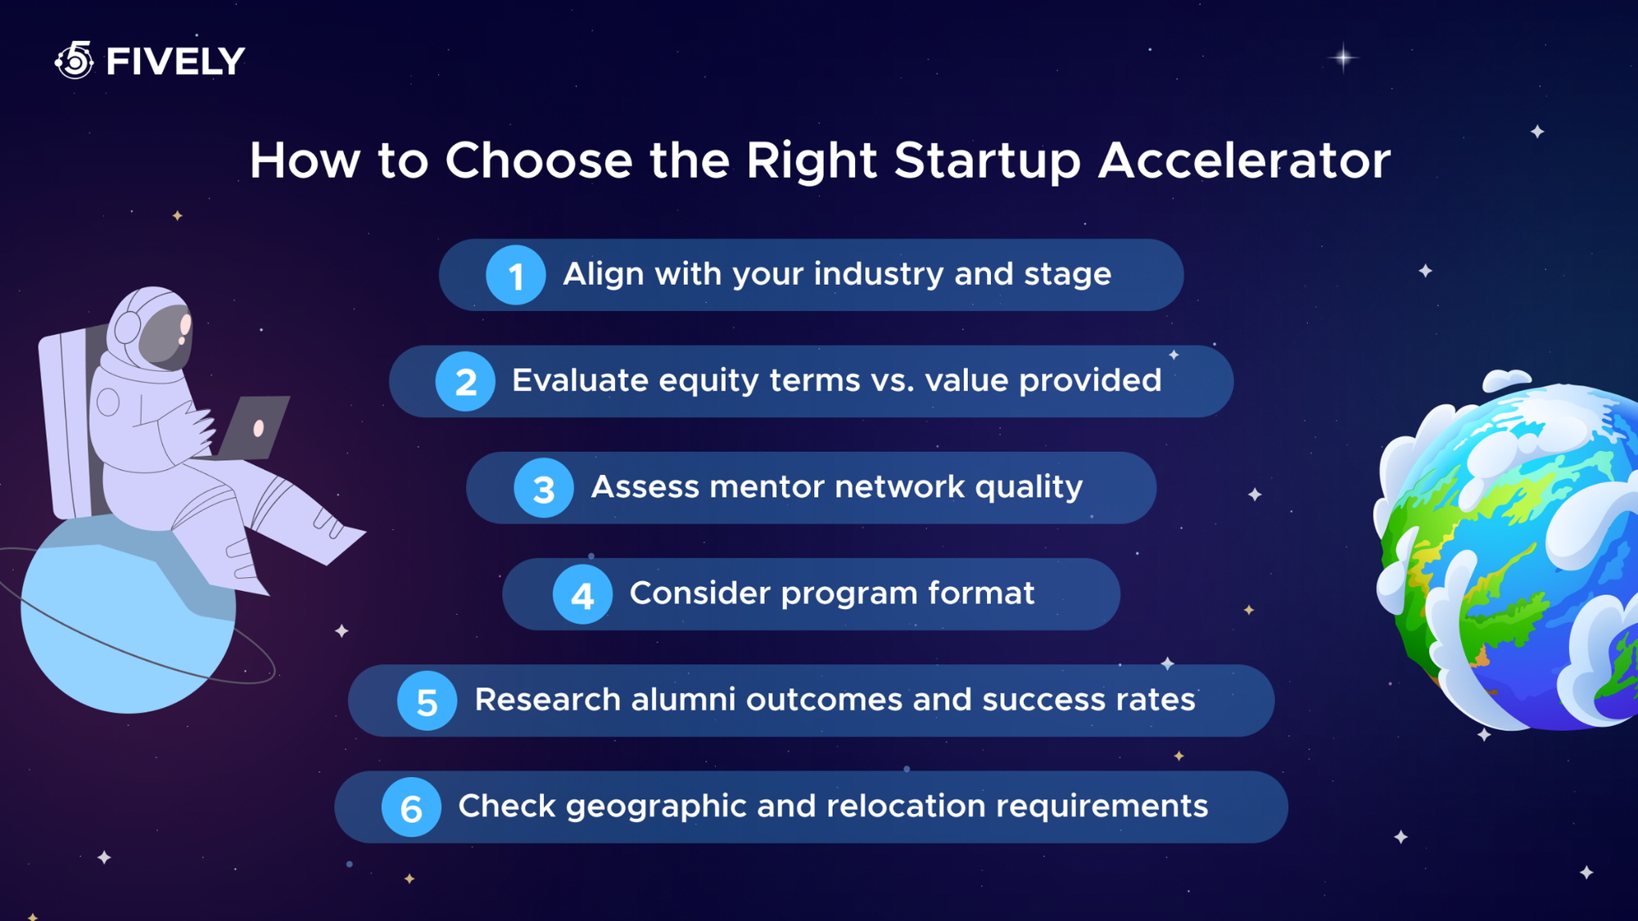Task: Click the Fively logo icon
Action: coord(75,61)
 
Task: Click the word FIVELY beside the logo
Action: coord(175,61)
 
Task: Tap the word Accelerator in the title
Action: coord(1244,160)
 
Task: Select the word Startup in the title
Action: coord(987,161)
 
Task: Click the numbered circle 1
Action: coord(515,275)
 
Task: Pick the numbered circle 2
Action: coord(465,381)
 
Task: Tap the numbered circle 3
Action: coord(543,489)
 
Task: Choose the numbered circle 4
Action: coord(582,595)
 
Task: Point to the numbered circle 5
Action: coord(427,701)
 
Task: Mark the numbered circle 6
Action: coord(411,808)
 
